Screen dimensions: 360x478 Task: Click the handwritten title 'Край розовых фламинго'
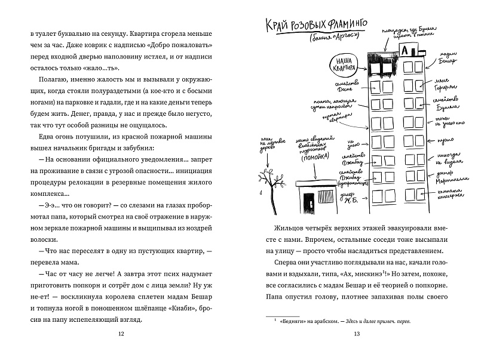click(x=309, y=25)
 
